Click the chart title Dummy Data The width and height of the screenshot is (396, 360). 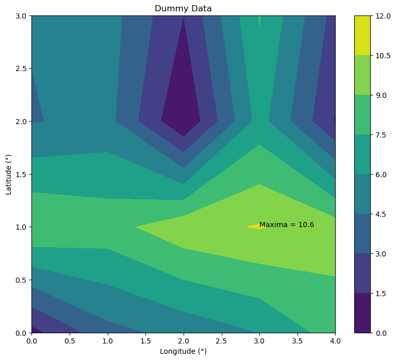[183, 9]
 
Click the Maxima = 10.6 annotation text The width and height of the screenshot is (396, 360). [287, 225]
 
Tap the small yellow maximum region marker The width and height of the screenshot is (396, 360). [255, 226]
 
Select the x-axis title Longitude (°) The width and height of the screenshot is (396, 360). [183, 352]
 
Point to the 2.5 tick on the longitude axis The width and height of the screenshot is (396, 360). [221, 341]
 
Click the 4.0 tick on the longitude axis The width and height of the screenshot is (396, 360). [335, 341]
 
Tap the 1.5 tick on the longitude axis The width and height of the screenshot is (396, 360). [145, 341]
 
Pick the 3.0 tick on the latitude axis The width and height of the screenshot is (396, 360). [22, 15]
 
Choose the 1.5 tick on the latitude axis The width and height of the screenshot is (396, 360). [22, 174]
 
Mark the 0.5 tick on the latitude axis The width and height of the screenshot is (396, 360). [22, 280]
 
